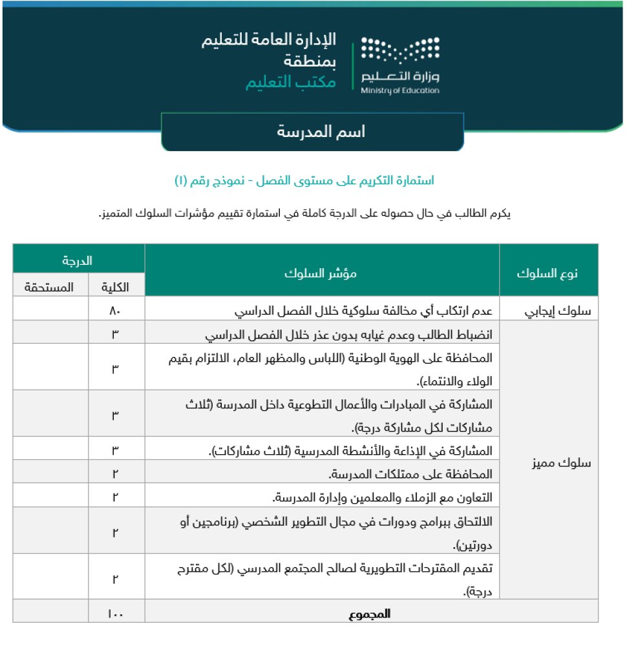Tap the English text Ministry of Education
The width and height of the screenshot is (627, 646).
click(x=400, y=90)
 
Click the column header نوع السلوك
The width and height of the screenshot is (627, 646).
click(x=548, y=273)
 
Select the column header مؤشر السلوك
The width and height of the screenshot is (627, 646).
click(x=322, y=273)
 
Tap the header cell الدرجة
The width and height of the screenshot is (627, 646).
click(x=78, y=261)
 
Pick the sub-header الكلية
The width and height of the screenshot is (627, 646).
click(x=116, y=286)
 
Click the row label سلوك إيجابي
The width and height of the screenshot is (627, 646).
click(x=548, y=311)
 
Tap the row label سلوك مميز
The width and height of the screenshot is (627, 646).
click(x=548, y=464)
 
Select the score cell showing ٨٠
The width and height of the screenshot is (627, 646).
click(x=116, y=311)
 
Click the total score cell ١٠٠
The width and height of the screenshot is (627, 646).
click(x=116, y=614)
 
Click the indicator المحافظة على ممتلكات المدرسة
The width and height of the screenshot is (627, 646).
click(x=411, y=475)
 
